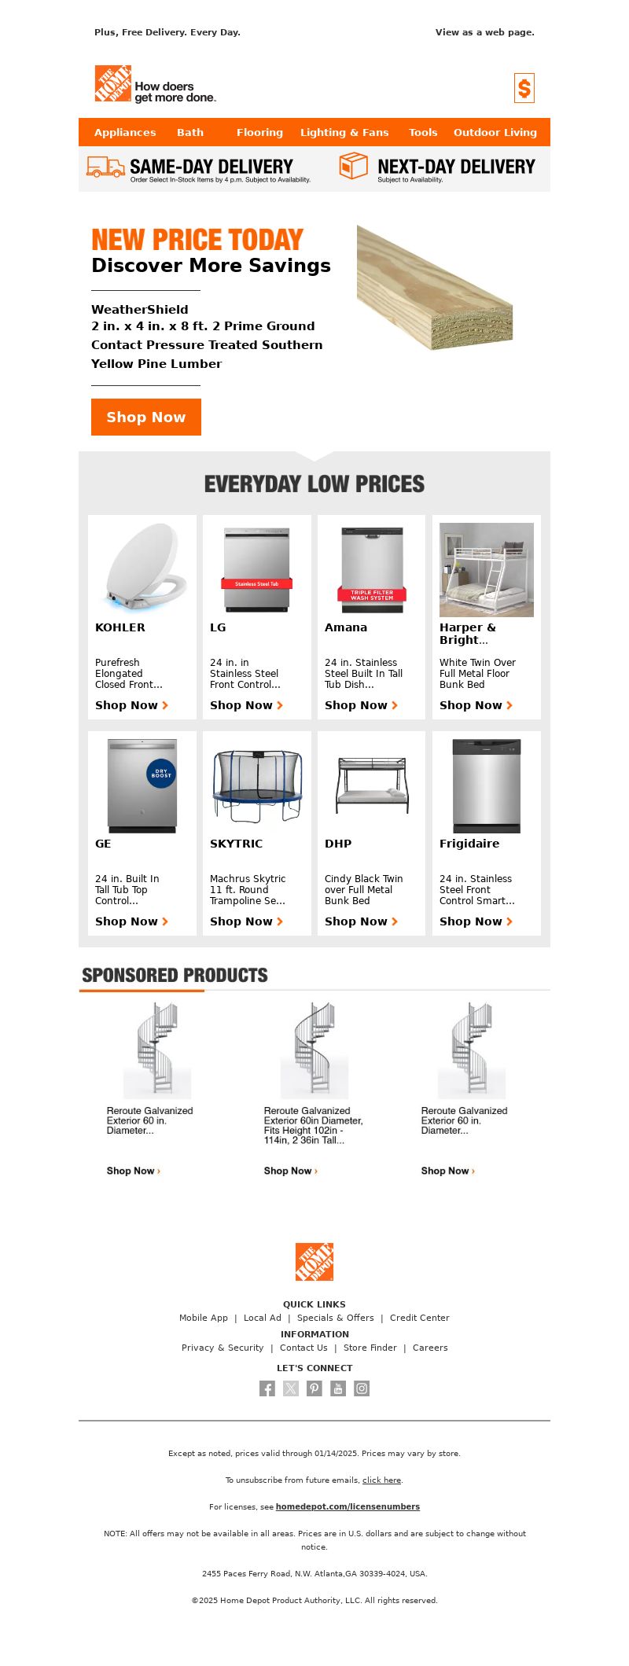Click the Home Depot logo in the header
click(113, 84)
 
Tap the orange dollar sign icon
click(524, 88)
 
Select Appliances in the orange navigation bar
click(125, 133)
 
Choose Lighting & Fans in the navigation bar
click(344, 133)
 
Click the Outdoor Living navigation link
click(495, 133)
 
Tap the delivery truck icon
click(105, 167)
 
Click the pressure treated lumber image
click(434, 287)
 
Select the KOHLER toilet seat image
click(142, 568)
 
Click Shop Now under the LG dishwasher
click(246, 706)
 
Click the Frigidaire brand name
click(469, 844)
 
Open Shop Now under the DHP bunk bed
click(361, 922)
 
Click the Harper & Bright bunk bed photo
click(486, 570)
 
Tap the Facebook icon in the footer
click(267, 1389)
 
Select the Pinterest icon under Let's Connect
click(314, 1389)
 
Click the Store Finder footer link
click(370, 1348)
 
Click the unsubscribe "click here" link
click(381, 1480)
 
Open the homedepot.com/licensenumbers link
click(348, 1507)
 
